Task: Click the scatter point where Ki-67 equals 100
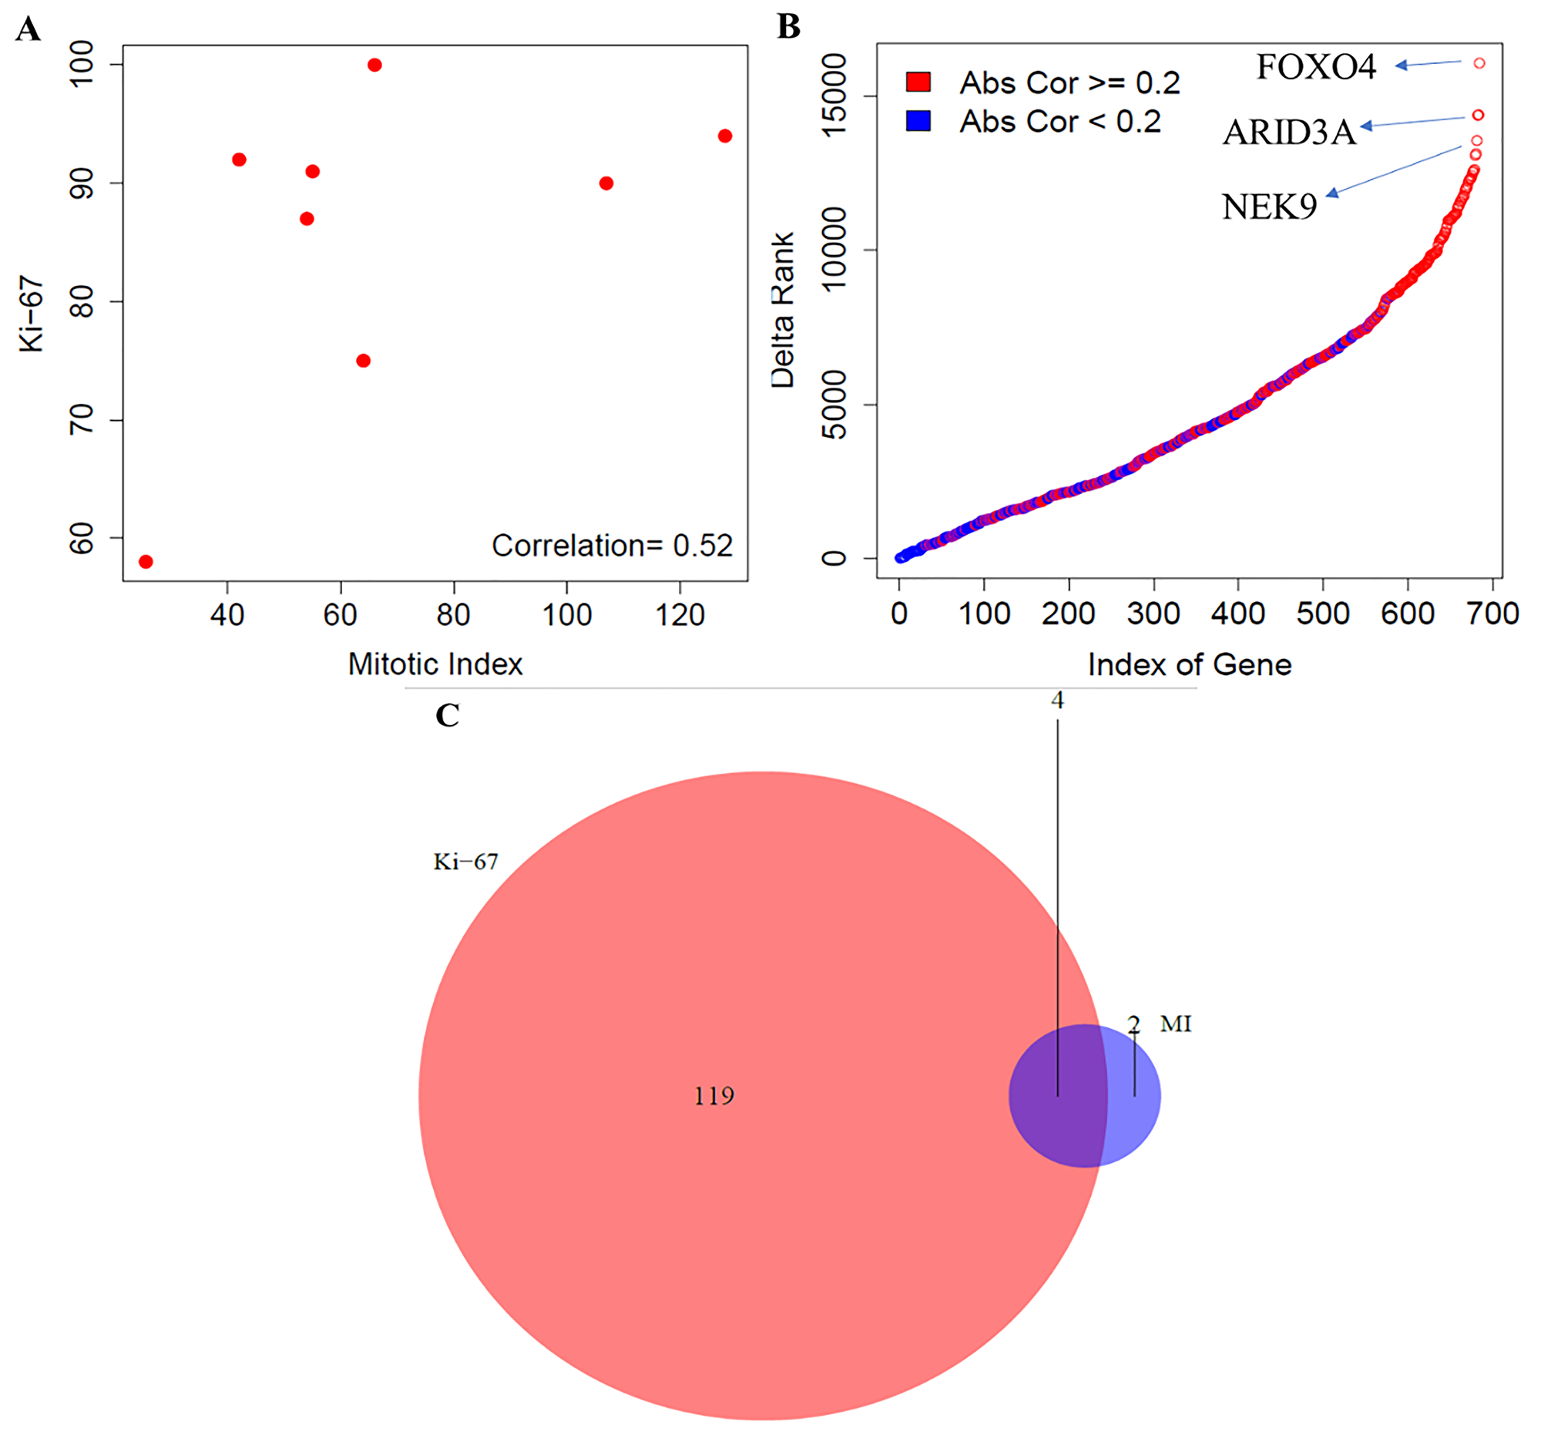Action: pyautogui.click(x=374, y=65)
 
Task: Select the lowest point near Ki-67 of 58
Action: pyautogui.click(x=146, y=561)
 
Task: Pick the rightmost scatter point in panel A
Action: pyautogui.click(x=725, y=136)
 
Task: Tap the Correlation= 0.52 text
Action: pyautogui.click(x=612, y=546)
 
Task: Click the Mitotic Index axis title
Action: pyautogui.click(x=435, y=664)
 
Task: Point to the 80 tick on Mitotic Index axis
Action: pyautogui.click(x=454, y=616)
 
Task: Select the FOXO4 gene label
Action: pyautogui.click(x=1315, y=68)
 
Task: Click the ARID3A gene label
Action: pyautogui.click(x=1289, y=133)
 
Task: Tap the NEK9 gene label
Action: pyautogui.click(x=1269, y=207)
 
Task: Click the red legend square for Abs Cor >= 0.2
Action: pyautogui.click(x=918, y=82)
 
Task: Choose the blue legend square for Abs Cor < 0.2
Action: pyautogui.click(x=918, y=121)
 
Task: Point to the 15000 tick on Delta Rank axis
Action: pyautogui.click(x=834, y=96)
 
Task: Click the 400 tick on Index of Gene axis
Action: pyautogui.click(x=1238, y=614)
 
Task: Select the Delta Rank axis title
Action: pyautogui.click(x=783, y=310)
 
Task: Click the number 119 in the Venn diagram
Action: pyautogui.click(x=713, y=1095)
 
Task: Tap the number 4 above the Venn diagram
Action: pyautogui.click(x=1057, y=701)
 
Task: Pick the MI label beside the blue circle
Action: pyautogui.click(x=1175, y=1024)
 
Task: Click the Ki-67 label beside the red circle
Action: pyautogui.click(x=465, y=862)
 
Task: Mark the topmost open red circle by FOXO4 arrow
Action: pyautogui.click(x=1479, y=63)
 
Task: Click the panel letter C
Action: pyautogui.click(x=447, y=715)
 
